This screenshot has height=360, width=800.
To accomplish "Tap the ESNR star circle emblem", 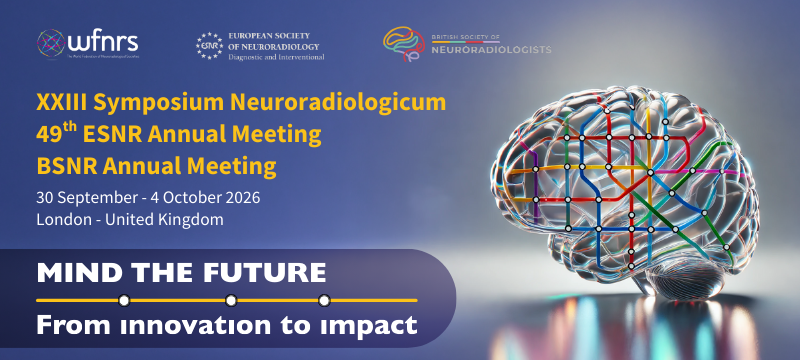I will coord(208,45).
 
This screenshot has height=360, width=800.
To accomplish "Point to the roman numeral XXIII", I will coord(59,104).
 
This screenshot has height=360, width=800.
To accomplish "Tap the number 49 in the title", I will coord(47,134).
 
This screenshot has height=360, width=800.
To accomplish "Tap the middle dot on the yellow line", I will coord(231,300).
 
